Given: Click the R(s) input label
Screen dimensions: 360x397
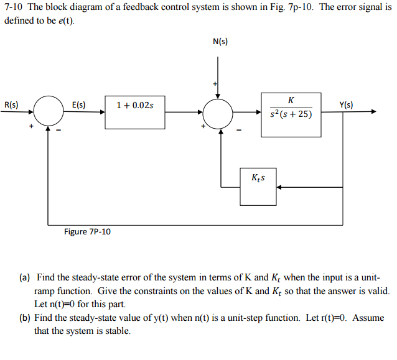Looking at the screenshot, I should pyautogui.click(x=11, y=104).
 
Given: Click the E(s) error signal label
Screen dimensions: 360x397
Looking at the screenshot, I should pyautogui.click(x=79, y=104).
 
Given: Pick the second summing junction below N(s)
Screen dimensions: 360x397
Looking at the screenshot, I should pyautogui.click(x=218, y=113).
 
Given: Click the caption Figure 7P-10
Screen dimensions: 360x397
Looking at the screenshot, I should pyautogui.click(x=87, y=232).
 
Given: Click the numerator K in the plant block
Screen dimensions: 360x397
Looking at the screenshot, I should pyautogui.click(x=291, y=100).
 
